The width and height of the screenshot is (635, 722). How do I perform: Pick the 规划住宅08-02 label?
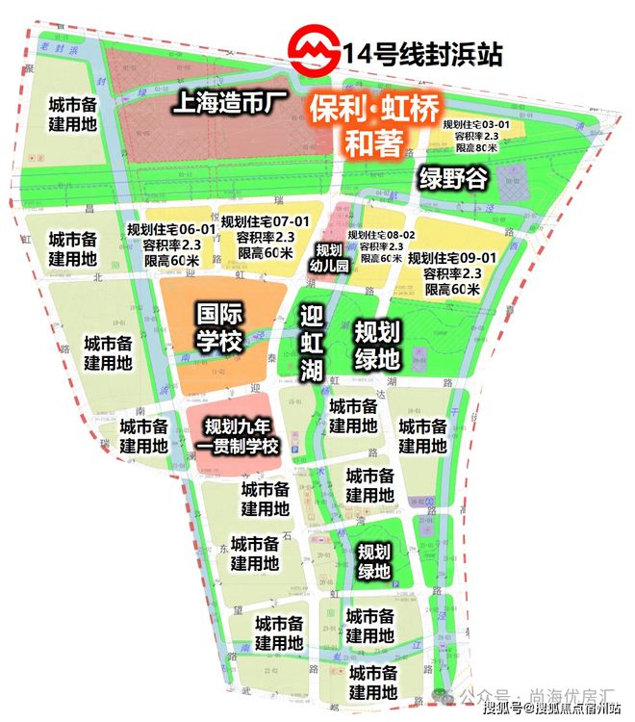(x=381, y=235)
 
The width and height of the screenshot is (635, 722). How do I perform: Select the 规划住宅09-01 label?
(x=452, y=258)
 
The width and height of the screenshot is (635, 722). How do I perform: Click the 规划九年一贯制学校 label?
(x=238, y=435)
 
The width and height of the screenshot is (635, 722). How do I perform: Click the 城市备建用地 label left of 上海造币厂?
(x=73, y=116)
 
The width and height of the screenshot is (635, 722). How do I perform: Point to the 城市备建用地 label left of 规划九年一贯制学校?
(x=144, y=436)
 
